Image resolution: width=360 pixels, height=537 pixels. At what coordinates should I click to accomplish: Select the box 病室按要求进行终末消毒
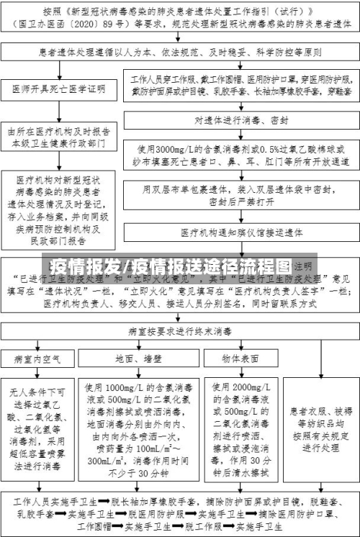pos(180,312)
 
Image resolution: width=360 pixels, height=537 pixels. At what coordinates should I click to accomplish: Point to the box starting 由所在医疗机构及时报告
pos(58,137)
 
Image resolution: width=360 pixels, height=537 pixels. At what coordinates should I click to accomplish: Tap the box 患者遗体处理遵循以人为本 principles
pos(180,53)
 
